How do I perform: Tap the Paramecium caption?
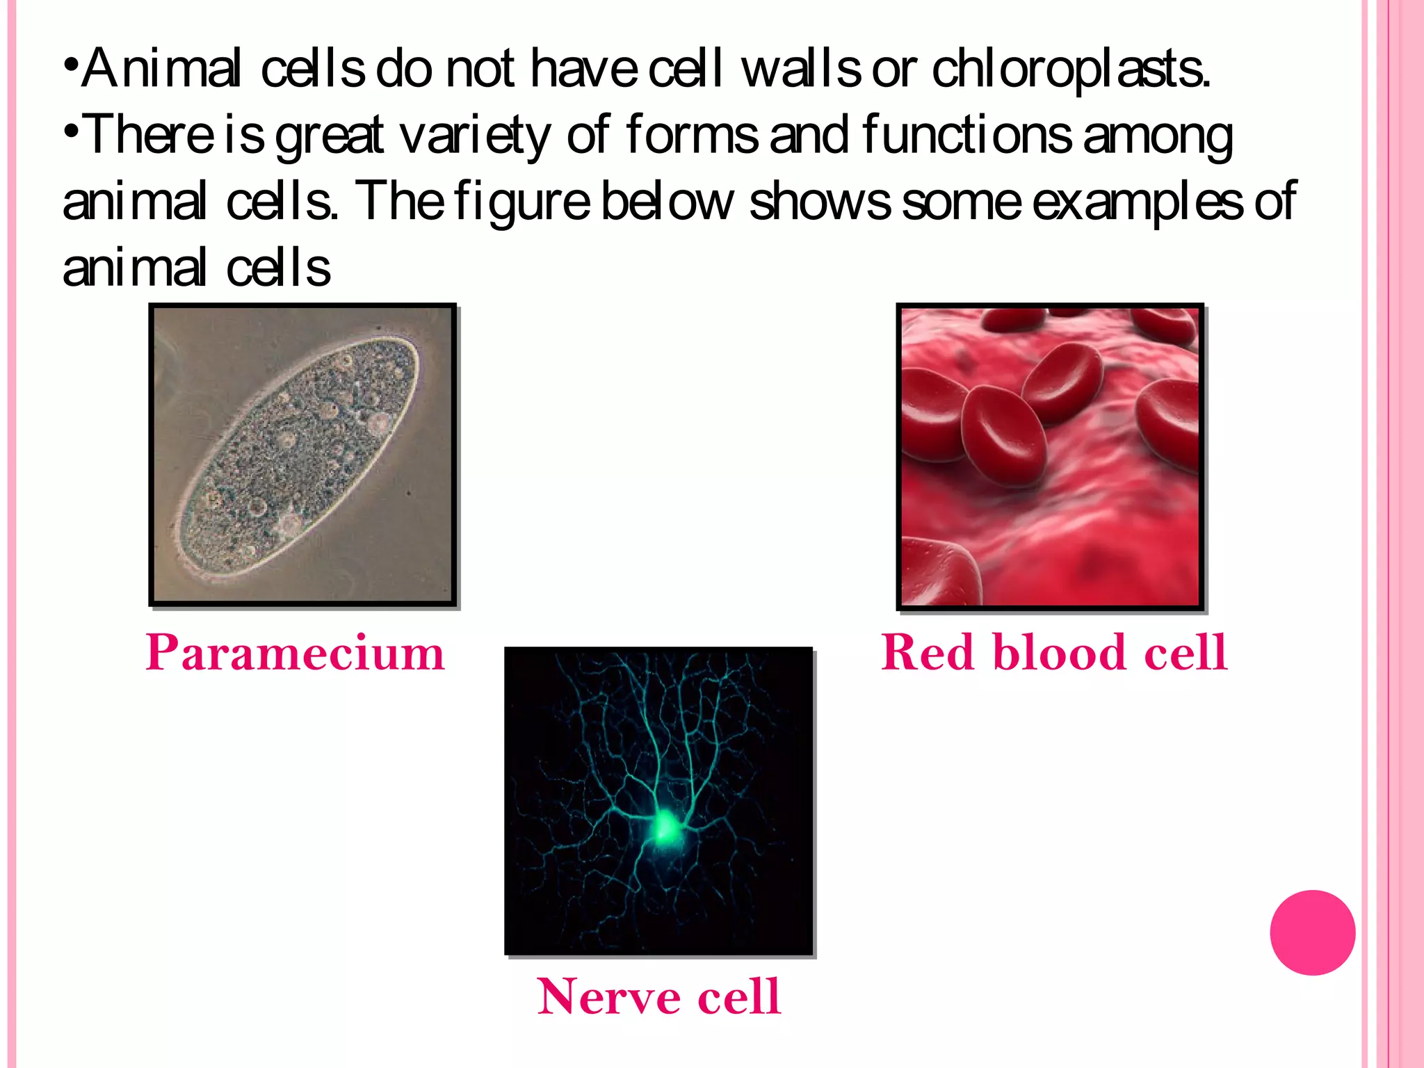click(295, 653)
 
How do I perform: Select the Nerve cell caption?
click(659, 996)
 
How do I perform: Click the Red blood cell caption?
click(1054, 653)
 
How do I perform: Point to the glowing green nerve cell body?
click(665, 827)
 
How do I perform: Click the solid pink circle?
click(1312, 932)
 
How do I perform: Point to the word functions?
click(966, 135)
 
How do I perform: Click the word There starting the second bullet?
click(149, 135)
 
